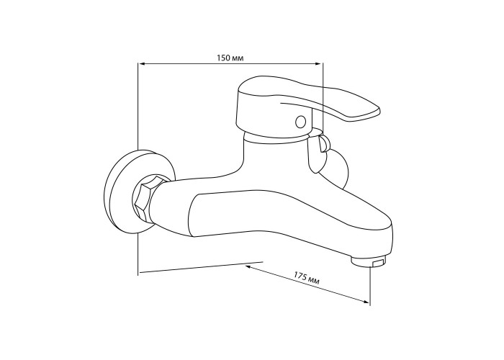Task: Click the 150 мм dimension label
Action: (230, 58)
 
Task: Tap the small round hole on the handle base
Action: (301, 122)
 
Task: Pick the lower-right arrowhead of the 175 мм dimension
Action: (366, 301)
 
